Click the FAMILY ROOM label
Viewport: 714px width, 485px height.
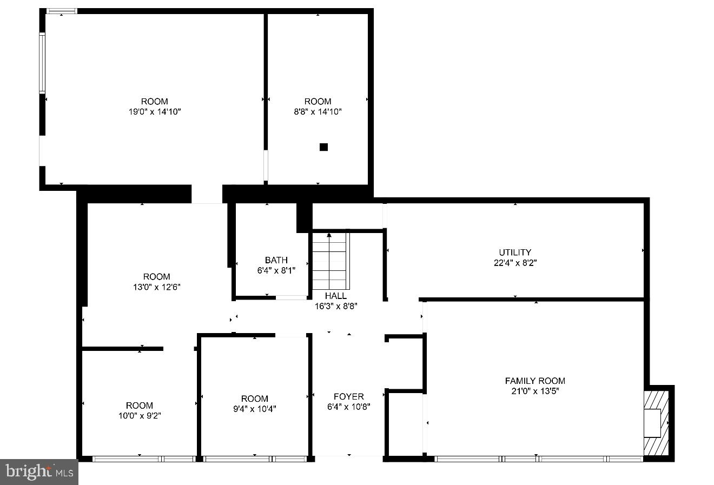(535, 381)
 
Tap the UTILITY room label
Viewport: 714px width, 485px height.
(514, 252)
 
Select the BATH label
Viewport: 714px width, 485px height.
(276, 260)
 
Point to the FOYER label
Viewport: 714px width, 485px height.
(348, 396)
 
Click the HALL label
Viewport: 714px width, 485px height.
(336, 296)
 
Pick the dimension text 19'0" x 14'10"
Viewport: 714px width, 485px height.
(154, 111)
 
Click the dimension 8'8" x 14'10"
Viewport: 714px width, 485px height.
(318, 111)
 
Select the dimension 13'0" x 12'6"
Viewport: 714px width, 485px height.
(156, 287)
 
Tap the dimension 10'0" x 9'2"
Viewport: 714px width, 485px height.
(139, 416)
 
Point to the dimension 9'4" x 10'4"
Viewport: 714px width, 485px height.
(254, 409)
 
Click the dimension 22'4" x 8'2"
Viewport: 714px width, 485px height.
(514, 263)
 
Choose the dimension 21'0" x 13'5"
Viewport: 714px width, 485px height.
(535, 391)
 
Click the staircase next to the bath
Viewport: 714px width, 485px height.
(329, 262)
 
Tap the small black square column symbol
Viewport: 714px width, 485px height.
(323, 147)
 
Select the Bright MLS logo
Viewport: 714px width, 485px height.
(39, 471)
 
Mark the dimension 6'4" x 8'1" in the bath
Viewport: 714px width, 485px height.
(276, 270)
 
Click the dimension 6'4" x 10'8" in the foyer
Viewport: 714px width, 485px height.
(348, 407)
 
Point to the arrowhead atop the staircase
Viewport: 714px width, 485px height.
(329, 235)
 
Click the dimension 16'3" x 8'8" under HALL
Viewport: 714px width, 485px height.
(336, 306)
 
